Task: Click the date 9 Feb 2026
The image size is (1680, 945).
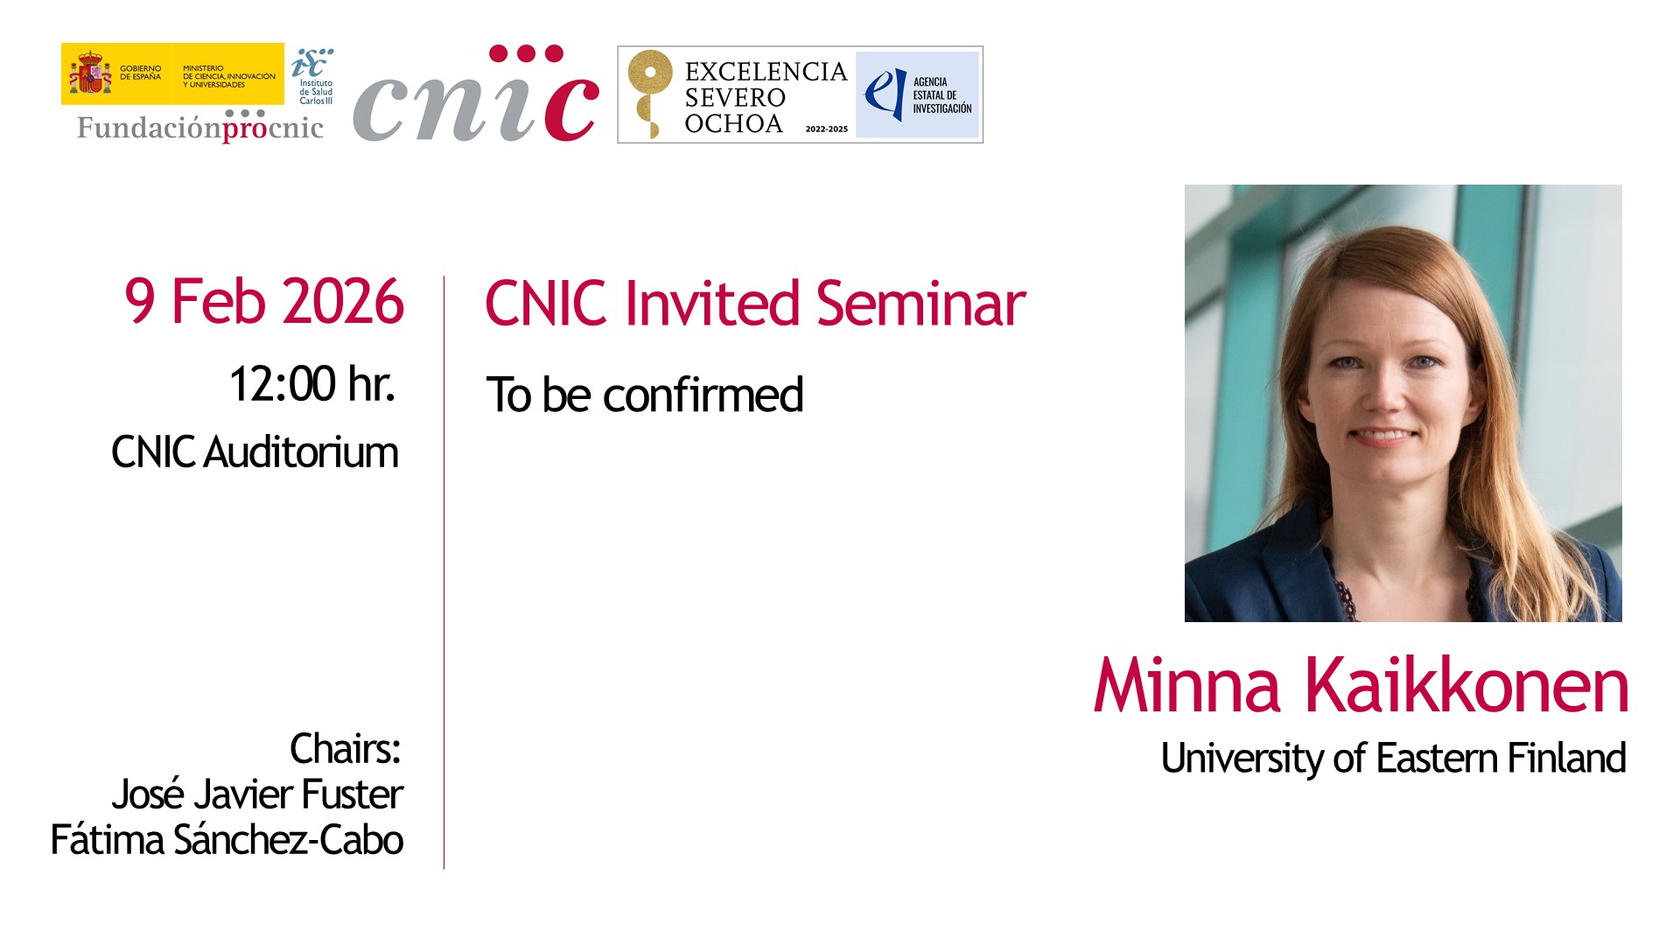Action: pos(264,302)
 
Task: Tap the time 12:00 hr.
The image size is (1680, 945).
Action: pos(312,384)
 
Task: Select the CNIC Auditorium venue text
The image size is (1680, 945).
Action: pos(255,452)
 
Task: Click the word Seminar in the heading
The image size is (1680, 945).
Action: pos(921,304)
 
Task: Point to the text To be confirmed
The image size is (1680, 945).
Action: pos(645,395)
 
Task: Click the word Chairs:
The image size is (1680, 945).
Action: pos(346,749)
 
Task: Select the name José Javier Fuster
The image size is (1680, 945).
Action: pos(257,794)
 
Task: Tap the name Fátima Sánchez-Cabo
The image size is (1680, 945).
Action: pos(227,840)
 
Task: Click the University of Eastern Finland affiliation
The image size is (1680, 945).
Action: pos(1394,759)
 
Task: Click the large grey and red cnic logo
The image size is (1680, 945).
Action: pos(476,94)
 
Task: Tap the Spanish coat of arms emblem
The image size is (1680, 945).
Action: pos(90,73)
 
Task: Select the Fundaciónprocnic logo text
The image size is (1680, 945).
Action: pos(200,127)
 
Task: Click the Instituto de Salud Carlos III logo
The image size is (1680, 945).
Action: pos(313,76)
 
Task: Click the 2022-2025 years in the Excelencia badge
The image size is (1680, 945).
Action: pos(827,129)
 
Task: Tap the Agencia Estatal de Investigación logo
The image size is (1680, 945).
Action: pos(917,94)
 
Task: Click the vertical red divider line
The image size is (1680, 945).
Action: pos(444,572)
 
